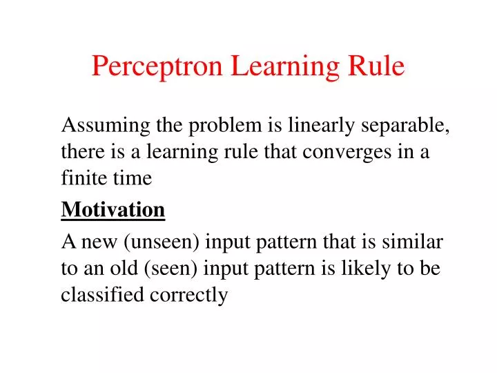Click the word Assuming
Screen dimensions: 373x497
pos(104,126)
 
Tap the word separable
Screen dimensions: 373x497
pos(404,126)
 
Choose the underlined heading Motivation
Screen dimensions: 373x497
pos(113,210)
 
